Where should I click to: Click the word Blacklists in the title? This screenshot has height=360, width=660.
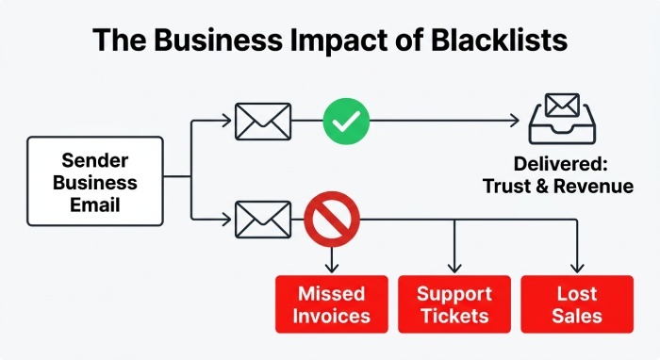[499, 40]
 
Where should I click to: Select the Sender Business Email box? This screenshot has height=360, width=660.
[95, 181]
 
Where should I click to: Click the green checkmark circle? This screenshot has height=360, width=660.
[346, 122]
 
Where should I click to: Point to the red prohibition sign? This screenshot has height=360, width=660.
[332, 220]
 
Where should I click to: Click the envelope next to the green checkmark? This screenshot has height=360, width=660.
[263, 122]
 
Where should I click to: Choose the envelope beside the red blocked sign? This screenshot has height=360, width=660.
[263, 220]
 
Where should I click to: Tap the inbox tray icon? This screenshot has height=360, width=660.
[562, 119]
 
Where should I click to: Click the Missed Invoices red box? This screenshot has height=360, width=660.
[332, 304]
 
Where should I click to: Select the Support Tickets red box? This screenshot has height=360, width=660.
[454, 304]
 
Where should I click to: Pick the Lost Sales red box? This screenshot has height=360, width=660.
[577, 304]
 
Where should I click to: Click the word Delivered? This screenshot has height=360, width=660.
[561, 164]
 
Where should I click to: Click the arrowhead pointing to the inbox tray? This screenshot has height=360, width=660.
[515, 121]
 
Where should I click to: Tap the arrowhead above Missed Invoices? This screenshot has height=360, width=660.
[332, 268]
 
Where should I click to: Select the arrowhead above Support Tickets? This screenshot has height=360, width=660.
[454, 268]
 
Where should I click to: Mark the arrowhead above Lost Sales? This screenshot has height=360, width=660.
[577, 268]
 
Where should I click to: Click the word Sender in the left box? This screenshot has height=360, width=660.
[95, 160]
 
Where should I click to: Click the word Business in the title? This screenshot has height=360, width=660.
[218, 40]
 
